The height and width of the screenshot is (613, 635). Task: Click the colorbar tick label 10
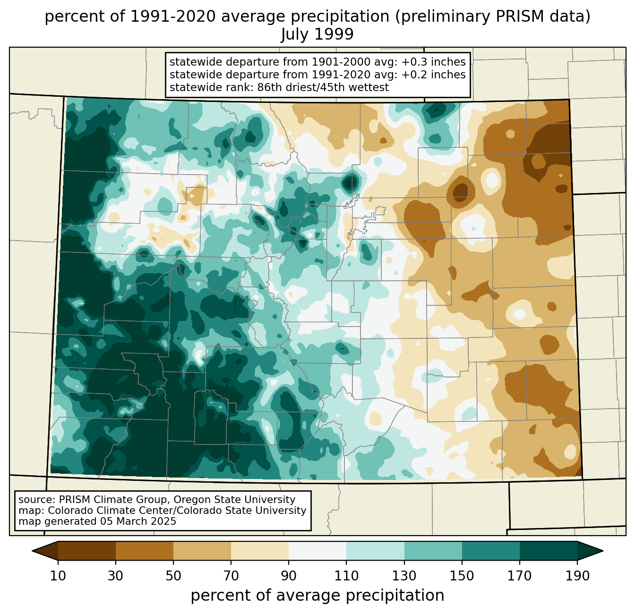pos(58,576)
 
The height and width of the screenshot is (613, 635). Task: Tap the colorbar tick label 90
pos(289,576)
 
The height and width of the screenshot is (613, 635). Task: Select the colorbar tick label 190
pos(577,576)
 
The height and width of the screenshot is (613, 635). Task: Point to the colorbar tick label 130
pos(404,576)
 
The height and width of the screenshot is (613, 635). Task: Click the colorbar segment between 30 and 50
pos(144,551)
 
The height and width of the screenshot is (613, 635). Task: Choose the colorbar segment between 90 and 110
pos(317,551)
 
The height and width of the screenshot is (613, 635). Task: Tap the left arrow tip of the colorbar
pos(32,551)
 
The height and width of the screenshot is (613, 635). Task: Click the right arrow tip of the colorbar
pos(603,551)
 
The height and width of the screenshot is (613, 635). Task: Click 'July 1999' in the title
pos(317,34)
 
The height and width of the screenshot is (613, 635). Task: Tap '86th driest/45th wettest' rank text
pos(323,87)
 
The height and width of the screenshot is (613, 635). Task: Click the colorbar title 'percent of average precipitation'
pos(317,595)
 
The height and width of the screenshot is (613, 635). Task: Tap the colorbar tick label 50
pos(173,576)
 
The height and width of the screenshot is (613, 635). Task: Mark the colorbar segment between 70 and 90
pos(260,551)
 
